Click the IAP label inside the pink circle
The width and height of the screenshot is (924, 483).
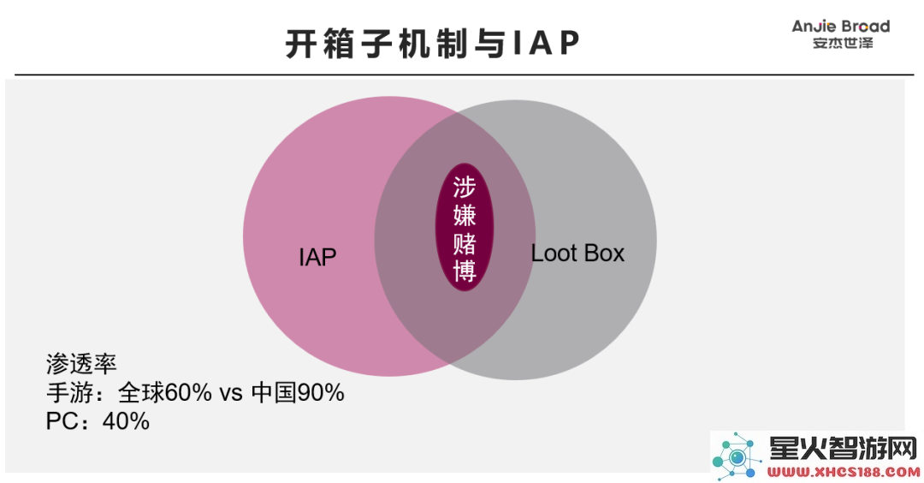coord(317,257)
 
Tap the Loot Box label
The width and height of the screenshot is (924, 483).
coord(577,253)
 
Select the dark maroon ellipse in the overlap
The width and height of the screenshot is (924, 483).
coord(465,228)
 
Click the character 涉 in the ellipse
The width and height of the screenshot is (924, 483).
coord(465,188)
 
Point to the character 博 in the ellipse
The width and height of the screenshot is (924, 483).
coord(465,271)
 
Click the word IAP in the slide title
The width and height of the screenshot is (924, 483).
coord(546,43)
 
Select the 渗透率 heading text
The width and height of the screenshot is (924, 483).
coord(81,364)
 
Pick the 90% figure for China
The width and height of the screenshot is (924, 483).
coord(321,393)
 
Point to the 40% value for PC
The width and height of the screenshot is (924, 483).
coord(126,421)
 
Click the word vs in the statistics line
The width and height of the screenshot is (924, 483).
coord(231,394)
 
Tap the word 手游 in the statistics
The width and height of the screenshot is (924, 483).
coord(69,393)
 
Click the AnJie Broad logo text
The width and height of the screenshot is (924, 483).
coord(841,27)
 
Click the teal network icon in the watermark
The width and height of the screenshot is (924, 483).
coord(737,456)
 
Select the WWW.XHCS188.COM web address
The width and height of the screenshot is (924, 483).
coord(844,472)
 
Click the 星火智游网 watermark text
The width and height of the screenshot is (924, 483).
coord(844,449)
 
